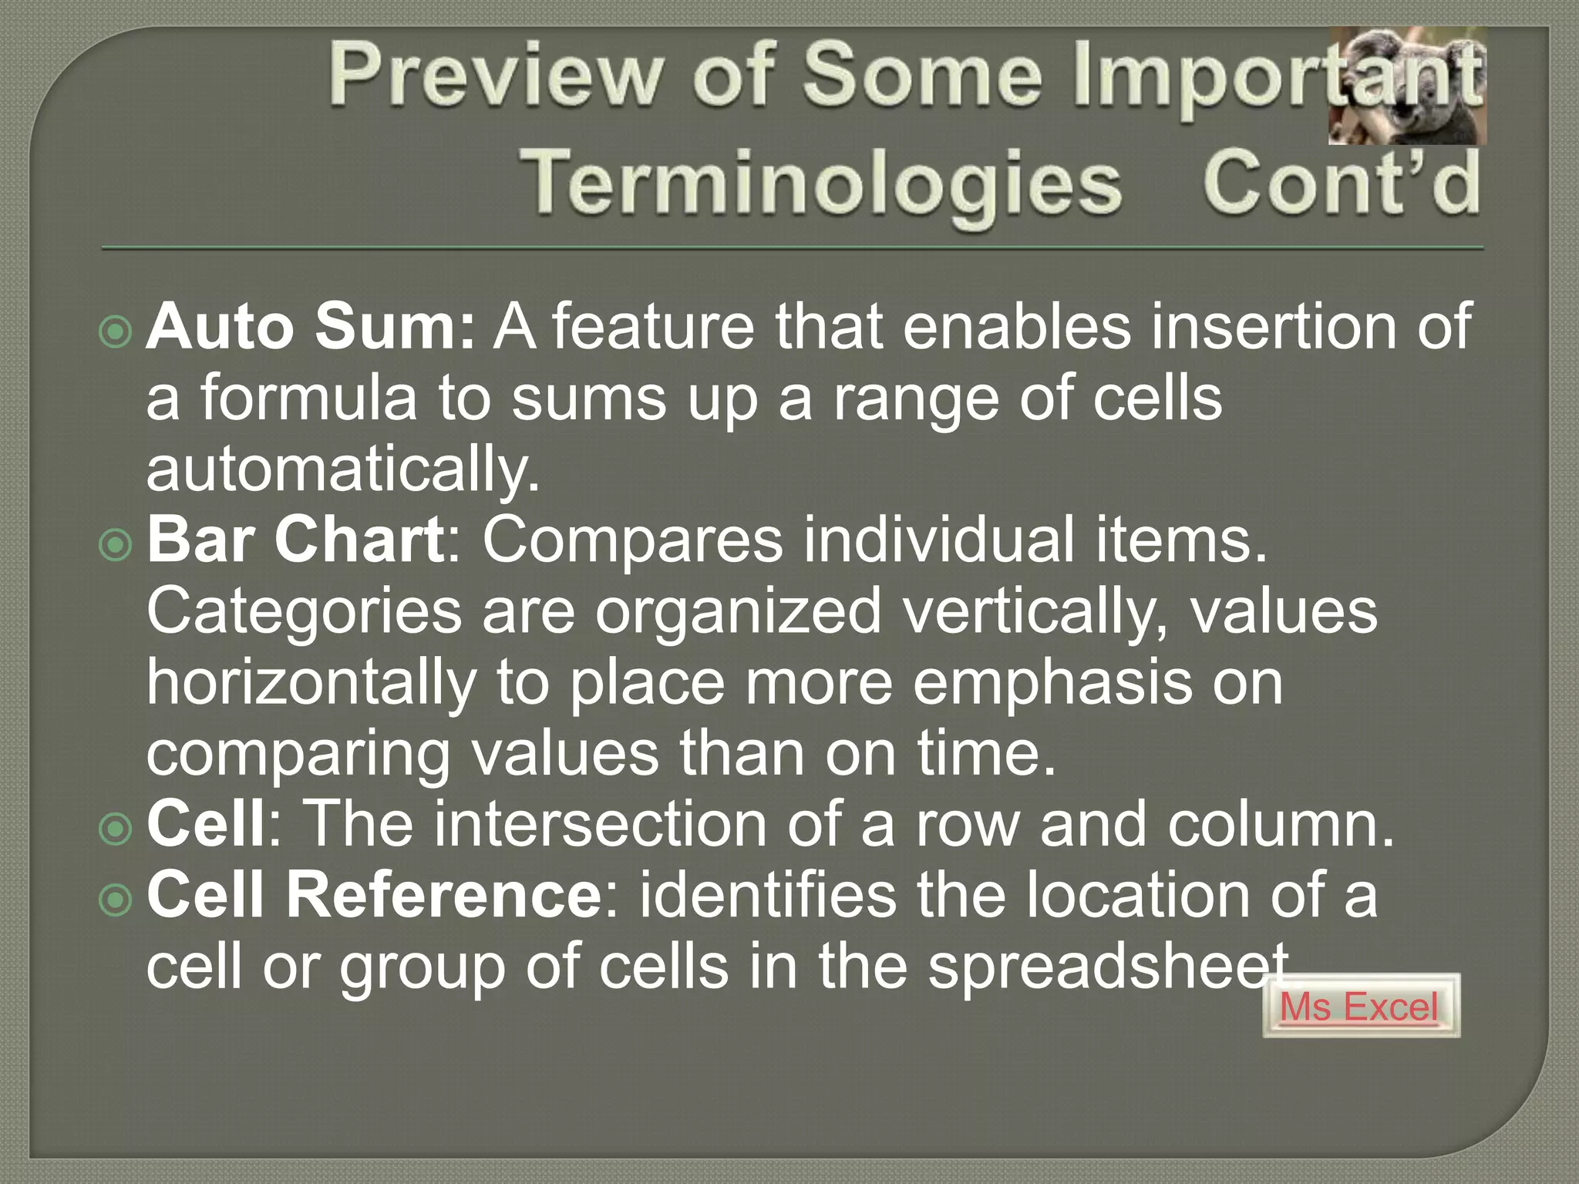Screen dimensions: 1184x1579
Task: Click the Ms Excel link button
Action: [1360, 1007]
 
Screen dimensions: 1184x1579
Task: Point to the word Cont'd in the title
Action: [1342, 183]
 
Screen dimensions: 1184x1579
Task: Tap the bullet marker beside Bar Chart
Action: [116, 545]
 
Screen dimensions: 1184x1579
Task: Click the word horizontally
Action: [311, 683]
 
